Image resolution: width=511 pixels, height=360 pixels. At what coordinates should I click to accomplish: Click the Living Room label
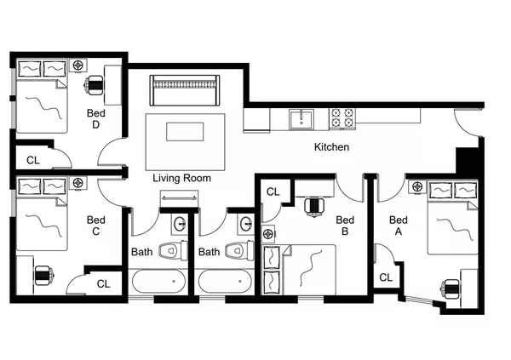click(181, 179)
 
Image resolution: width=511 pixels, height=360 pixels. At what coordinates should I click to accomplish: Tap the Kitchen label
click(331, 147)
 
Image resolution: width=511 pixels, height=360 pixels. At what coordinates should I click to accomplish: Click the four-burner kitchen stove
click(342, 117)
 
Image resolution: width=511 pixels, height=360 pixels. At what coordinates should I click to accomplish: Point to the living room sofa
click(185, 89)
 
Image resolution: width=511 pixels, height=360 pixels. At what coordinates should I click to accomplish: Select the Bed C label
click(95, 225)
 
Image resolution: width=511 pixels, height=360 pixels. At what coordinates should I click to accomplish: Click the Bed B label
click(344, 225)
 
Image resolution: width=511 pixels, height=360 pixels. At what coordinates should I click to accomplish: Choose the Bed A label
click(397, 225)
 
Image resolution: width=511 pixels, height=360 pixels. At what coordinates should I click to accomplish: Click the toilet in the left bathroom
click(175, 250)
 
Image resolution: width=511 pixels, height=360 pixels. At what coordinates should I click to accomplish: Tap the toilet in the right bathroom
click(241, 250)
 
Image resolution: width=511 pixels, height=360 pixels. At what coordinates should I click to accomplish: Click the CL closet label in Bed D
click(32, 159)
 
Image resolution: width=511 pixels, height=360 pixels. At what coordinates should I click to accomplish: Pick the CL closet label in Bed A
click(386, 277)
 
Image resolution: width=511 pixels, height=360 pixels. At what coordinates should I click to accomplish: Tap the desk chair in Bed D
click(96, 84)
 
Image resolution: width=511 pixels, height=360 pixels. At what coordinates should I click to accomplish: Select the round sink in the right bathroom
click(246, 224)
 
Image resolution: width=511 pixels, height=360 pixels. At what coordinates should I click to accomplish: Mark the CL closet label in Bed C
click(102, 283)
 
